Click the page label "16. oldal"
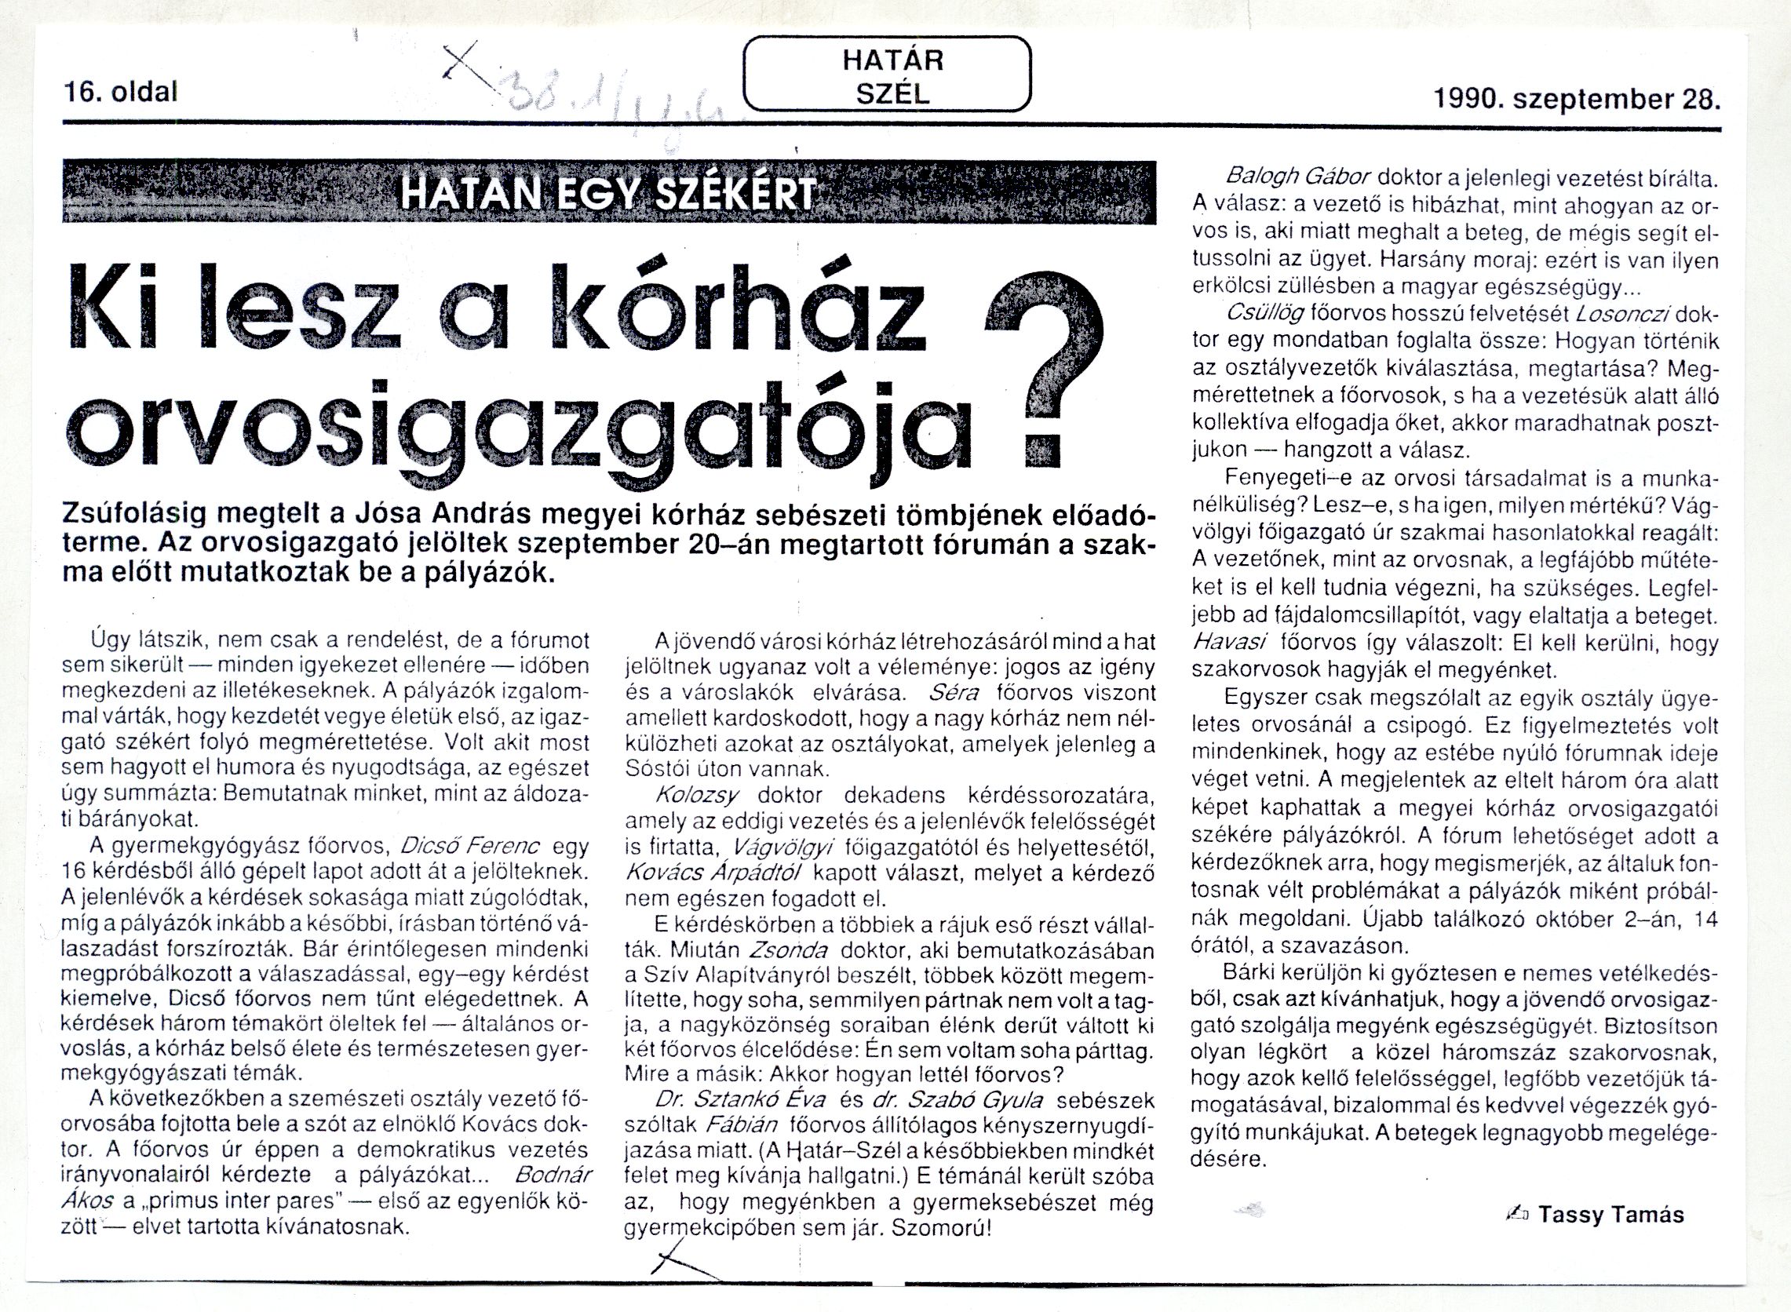pyautogui.click(x=120, y=93)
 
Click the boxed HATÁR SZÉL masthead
pyautogui.click(x=887, y=76)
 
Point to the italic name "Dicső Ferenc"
pyautogui.click(x=471, y=844)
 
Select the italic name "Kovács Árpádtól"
pyautogui.click(x=714, y=872)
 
